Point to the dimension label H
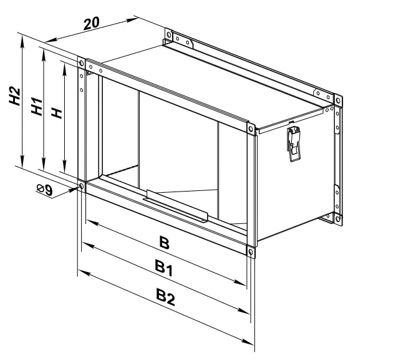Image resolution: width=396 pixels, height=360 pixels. tap(56, 112)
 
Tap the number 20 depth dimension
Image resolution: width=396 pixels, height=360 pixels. tap(92, 23)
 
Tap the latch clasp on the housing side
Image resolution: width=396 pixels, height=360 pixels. tap(294, 142)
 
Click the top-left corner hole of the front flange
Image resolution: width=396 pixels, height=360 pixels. tap(81, 63)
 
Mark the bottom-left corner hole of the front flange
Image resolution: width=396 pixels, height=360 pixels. tap(81, 187)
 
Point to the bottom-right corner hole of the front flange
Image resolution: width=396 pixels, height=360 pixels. tap(250, 252)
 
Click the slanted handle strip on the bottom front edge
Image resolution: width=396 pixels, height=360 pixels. tap(176, 210)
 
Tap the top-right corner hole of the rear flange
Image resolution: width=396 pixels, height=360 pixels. tap(337, 100)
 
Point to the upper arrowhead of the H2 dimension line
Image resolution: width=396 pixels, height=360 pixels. tap(22, 39)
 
